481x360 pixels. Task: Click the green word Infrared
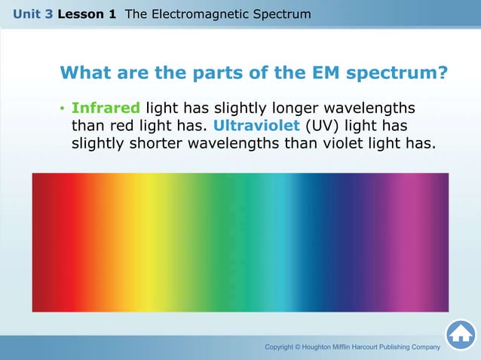click(x=106, y=108)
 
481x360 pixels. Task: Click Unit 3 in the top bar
click(x=32, y=14)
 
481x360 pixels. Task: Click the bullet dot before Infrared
click(x=62, y=108)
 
